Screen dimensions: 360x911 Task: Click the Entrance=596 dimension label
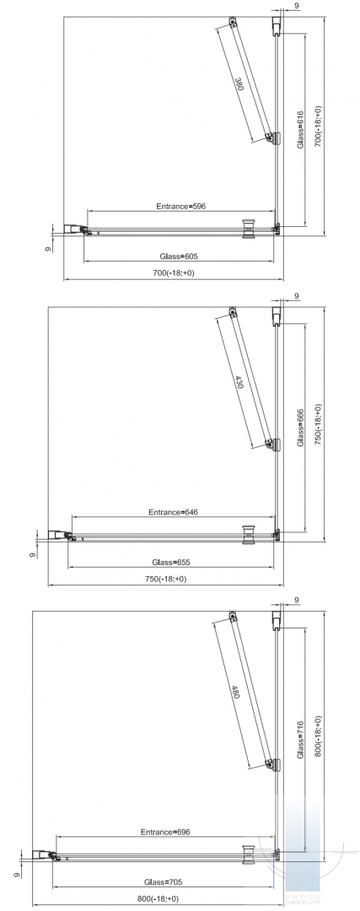point(181,206)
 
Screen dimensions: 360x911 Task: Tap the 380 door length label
point(239,85)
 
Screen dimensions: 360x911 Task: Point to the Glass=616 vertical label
point(301,130)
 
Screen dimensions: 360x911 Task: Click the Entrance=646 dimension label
point(174,512)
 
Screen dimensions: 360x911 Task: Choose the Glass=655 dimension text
point(171,562)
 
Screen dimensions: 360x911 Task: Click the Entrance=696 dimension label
point(165,832)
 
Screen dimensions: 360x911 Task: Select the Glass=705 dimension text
point(164,881)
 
